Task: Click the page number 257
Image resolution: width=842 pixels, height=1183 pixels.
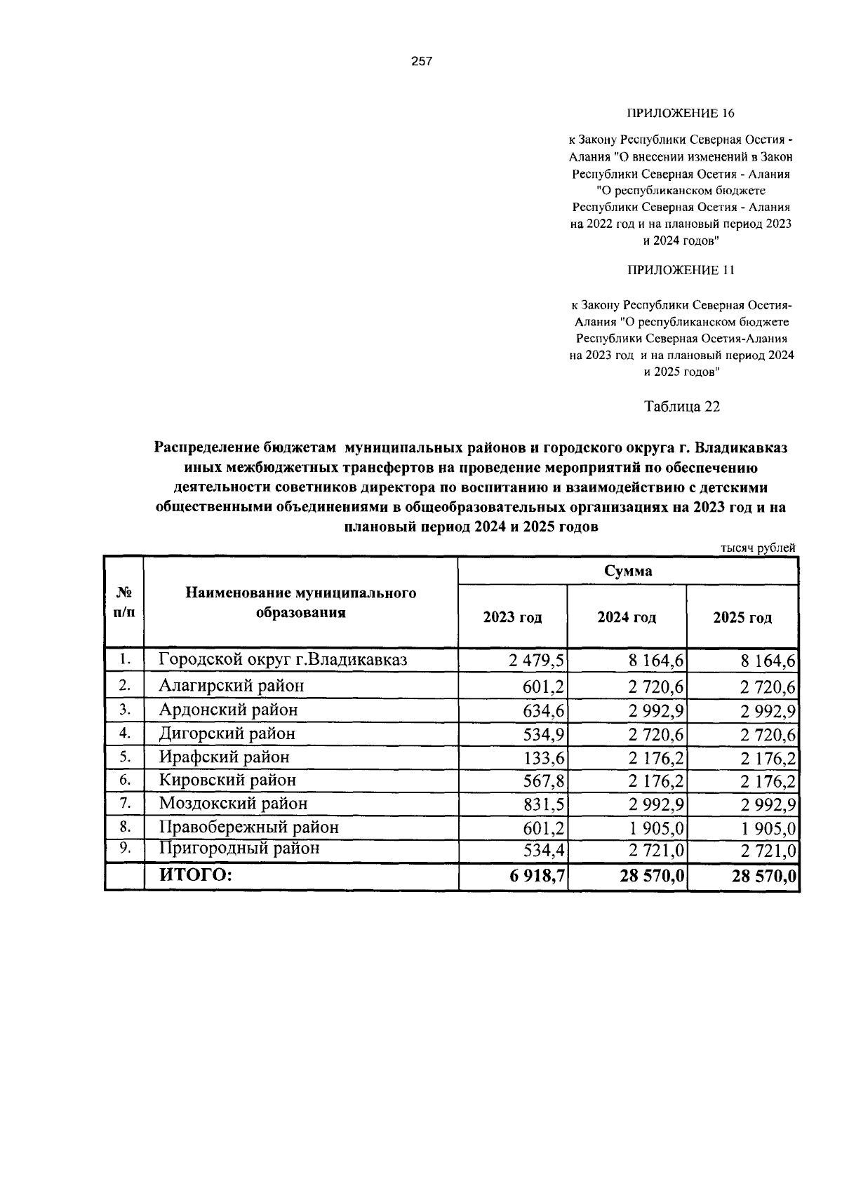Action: (422, 61)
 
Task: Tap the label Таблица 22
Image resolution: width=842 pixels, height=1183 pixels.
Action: (681, 407)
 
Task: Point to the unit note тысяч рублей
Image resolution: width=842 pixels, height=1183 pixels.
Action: (758, 548)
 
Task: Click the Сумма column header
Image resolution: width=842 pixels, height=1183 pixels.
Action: (628, 571)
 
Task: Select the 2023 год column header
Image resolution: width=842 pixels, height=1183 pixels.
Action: (512, 618)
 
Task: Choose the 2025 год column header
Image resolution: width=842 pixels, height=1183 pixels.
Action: (742, 618)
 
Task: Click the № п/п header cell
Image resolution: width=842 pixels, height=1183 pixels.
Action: (124, 602)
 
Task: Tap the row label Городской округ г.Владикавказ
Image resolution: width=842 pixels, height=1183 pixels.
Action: (283, 660)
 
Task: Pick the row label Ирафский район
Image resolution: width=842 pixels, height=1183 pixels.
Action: (224, 757)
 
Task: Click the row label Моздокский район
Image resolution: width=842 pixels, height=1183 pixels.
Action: (233, 804)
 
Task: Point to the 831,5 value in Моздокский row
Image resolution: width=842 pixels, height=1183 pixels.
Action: (545, 804)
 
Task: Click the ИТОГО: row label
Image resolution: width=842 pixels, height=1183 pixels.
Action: (195, 875)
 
